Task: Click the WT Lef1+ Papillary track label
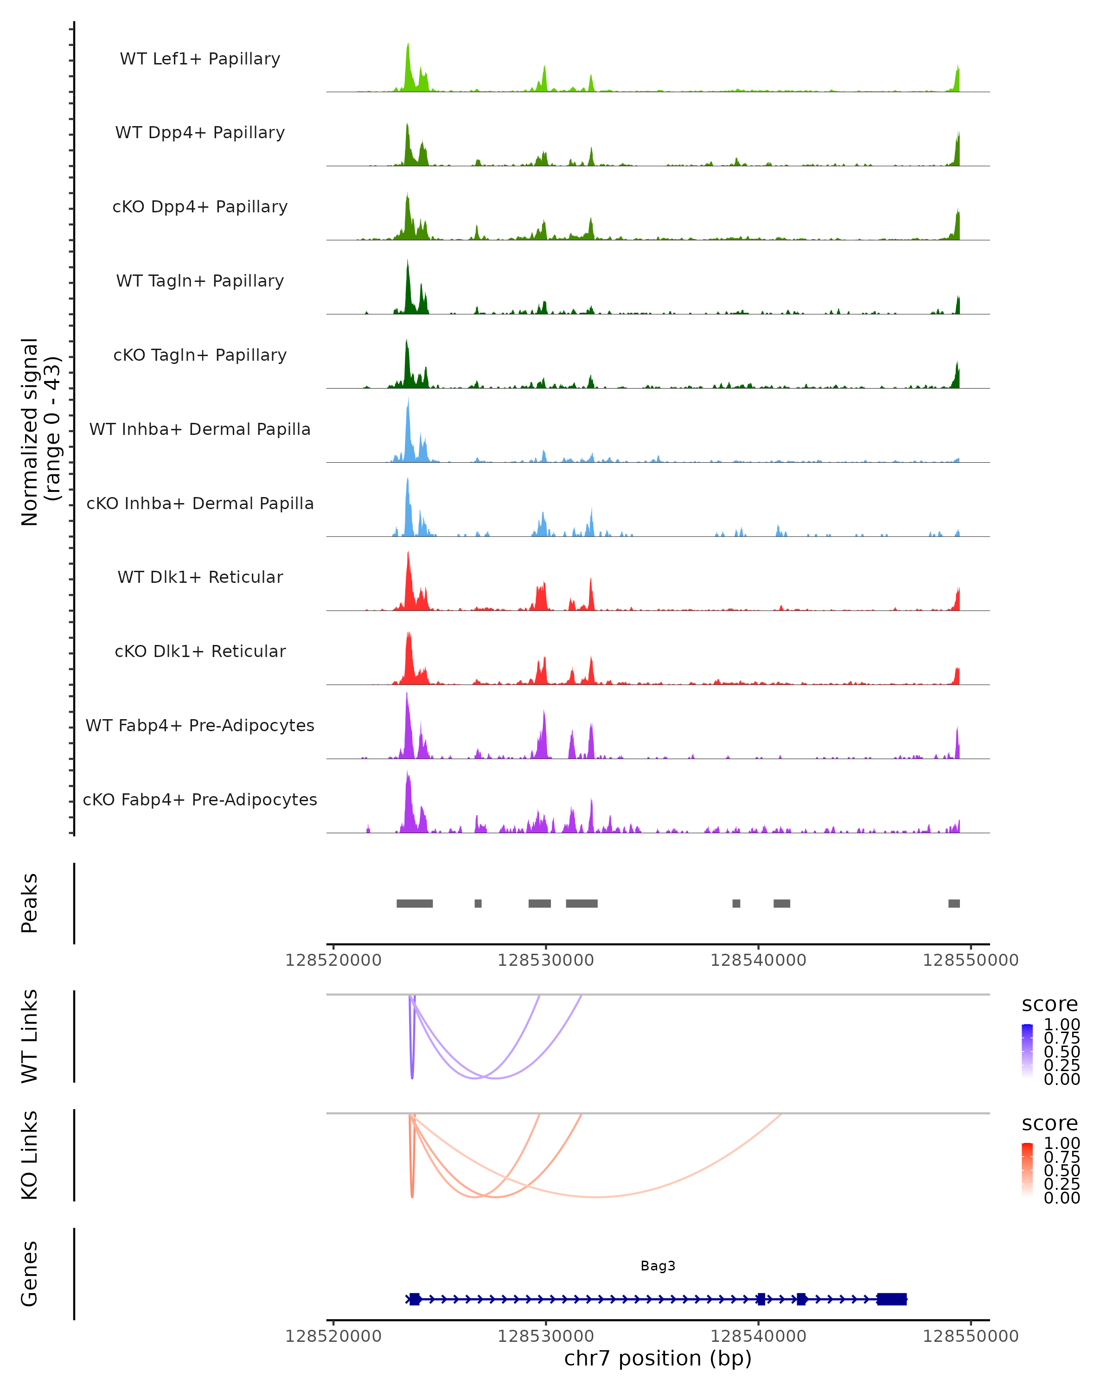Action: point(200,59)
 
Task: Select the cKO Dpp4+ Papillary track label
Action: point(200,206)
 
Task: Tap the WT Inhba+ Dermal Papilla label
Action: point(200,429)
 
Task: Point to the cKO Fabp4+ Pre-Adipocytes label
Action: point(200,799)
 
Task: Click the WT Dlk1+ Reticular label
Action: point(200,577)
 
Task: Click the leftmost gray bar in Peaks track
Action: point(414,903)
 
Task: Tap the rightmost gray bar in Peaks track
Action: point(953,903)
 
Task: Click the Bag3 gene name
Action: point(658,1266)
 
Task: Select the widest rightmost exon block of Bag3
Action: point(892,1299)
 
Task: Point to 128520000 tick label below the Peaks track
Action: point(333,960)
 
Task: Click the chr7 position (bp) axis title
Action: point(658,1358)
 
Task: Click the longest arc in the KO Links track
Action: point(597,1197)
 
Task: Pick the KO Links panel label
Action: point(30,1155)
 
